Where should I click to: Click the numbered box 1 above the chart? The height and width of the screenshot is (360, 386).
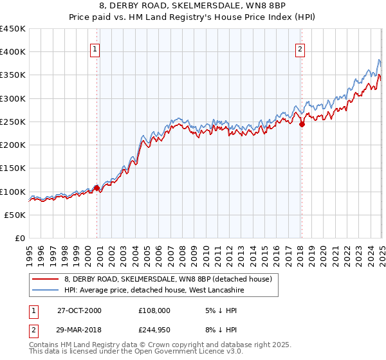95,48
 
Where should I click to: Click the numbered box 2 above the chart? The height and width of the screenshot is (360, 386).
300,48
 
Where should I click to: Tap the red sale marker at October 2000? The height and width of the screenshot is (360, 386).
97,188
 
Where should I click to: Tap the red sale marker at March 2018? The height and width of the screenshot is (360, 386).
302,124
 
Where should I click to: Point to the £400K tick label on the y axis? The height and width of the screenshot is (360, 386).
13,52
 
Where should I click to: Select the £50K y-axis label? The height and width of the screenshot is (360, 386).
15,215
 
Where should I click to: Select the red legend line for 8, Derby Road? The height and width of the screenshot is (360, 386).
46,279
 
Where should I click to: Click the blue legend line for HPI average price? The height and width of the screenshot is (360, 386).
46,290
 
